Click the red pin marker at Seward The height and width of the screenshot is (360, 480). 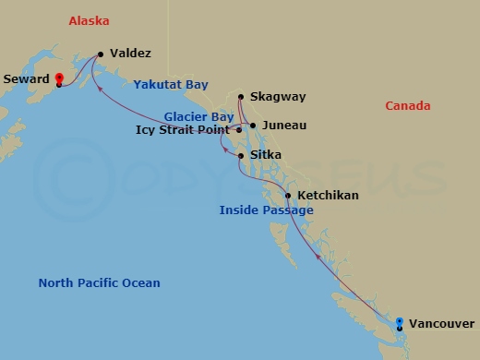pyautogui.click(x=58, y=79)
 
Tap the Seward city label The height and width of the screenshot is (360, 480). pyautogui.click(x=27, y=78)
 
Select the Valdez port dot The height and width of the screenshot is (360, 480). pyautogui.click(x=100, y=54)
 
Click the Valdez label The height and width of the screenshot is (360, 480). pyautogui.click(x=130, y=54)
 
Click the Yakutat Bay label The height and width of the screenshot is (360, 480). pyautogui.click(x=171, y=84)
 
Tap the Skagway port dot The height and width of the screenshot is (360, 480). pyautogui.click(x=240, y=97)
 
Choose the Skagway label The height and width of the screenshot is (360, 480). pyautogui.click(x=277, y=97)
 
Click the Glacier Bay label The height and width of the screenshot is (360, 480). pyautogui.click(x=198, y=116)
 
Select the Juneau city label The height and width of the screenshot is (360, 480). pyautogui.click(x=283, y=126)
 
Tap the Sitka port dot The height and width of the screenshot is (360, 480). pyautogui.click(x=241, y=156)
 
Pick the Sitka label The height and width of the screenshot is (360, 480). pyautogui.click(x=265, y=156)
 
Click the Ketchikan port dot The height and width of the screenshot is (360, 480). pyautogui.click(x=288, y=196)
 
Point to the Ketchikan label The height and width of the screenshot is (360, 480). pyautogui.click(x=328, y=196)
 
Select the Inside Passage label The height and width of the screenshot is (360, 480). pyautogui.click(x=266, y=210)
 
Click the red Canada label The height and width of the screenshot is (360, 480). pyautogui.click(x=407, y=106)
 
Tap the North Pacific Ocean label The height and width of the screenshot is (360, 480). pyautogui.click(x=99, y=283)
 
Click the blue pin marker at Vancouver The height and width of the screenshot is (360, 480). pyautogui.click(x=399, y=323)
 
